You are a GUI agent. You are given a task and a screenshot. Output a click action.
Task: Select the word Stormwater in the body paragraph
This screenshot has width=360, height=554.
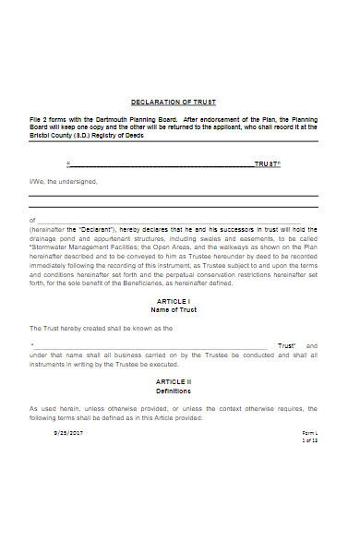[51, 248]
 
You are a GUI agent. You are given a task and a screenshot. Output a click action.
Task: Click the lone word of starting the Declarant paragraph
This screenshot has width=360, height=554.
[32, 221]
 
